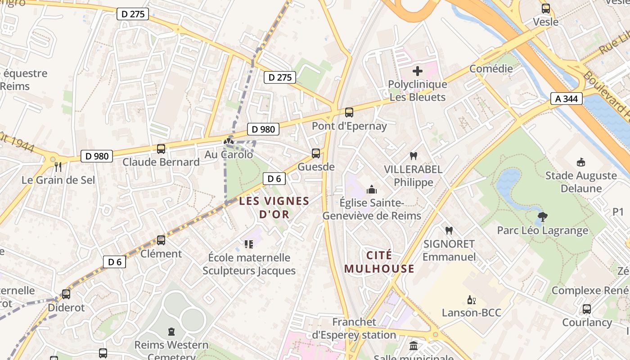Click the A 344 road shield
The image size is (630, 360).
tap(567, 98)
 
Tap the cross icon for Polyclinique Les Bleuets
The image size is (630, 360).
tap(418, 71)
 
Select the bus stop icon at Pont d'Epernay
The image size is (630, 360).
tap(349, 112)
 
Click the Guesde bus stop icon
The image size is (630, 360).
tap(316, 153)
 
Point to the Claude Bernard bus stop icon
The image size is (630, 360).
tap(161, 148)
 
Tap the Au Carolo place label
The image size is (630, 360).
tap(229, 155)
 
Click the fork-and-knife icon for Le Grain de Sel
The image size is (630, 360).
tap(58, 167)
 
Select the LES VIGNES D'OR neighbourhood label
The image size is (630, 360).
tap(274, 207)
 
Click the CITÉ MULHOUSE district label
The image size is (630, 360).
tap(379, 262)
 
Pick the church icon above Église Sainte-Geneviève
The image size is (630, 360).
tap(372, 189)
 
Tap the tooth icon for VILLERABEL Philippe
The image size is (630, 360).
tap(413, 156)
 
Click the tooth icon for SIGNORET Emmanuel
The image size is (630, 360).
tap(449, 230)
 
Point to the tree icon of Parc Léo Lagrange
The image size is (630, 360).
tap(542, 217)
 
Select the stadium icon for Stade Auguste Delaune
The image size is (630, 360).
tap(580, 162)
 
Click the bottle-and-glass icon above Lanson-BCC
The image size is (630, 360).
tap(471, 300)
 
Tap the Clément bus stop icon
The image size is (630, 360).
tap(161, 240)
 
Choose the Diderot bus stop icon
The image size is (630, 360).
tap(66, 294)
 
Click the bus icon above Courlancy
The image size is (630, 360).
tap(587, 309)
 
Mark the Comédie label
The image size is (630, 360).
tap(491, 68)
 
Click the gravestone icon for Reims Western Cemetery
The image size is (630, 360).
tap(171, 332)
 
